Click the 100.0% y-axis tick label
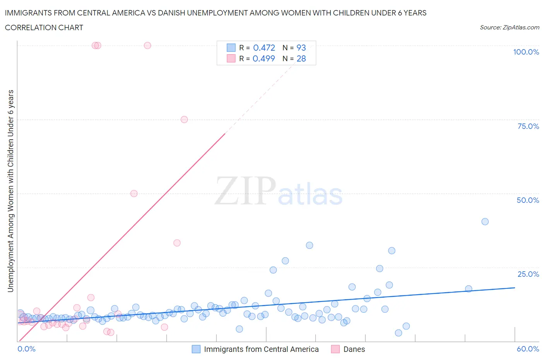[526, 52]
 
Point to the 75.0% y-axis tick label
[528, 126]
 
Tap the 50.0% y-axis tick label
[528, 200]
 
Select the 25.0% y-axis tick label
[528, 274]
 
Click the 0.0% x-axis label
[26, 349]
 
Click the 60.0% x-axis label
[528, 349]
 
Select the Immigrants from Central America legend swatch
[196, 349]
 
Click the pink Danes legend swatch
[335, 349]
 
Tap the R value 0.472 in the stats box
[264, 48]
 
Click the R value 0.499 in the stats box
[263, 58]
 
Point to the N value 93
[301, 48]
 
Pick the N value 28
[301, 58]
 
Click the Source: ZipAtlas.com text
[509, 27]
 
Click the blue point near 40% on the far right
[485, 222]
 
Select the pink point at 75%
[184, 120]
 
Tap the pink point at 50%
[134, 194]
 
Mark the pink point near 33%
[177, 243]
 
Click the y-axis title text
[10, 191]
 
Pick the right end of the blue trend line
[515, 288]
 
